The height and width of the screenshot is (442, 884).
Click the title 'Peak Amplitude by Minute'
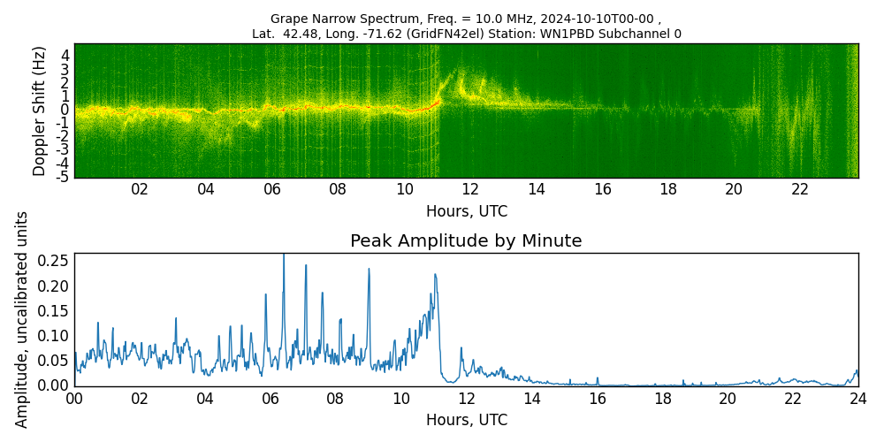[x=466, y=241]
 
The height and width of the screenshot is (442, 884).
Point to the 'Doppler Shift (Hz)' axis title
[x=40, y=110]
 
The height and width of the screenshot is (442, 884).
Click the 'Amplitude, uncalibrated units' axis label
[x=22, y=319]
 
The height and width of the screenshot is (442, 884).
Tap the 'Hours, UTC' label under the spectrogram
[x=466, y=212]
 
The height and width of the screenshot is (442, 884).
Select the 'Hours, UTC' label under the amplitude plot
[x=466, y=420]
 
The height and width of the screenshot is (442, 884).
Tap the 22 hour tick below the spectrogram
[x=800, y=189]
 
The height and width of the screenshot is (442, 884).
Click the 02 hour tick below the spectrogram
[x=140, y=189]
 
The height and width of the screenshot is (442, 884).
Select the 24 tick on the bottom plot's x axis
[x=857, y=399]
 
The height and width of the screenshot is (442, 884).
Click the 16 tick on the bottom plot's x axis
[x=597, y=399]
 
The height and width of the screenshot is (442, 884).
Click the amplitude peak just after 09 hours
[x=369, y=270]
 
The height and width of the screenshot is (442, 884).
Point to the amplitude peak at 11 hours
[x=435, y=275]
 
